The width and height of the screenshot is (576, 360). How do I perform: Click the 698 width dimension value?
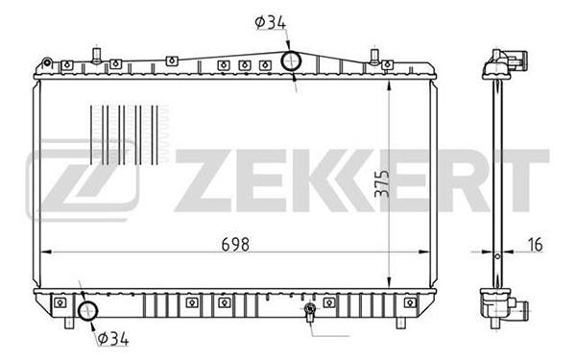tap(235, 244)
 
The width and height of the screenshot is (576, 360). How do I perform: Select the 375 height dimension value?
tap(382, 183)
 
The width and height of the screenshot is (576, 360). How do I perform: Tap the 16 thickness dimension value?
tap(536, 245)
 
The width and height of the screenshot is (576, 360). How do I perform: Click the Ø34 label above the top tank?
tap(271, 23)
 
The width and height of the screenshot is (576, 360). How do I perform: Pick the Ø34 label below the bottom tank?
tap(113, 338)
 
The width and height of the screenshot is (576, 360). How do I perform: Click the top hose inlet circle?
tap(291, 61)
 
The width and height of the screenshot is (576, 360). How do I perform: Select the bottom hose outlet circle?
tap(88, 311)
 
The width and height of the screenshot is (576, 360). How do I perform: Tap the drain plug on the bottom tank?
tap(310, 311)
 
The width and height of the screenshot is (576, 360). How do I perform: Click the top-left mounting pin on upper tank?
tap(97, 56)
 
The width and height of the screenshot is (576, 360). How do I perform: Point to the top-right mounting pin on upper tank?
tap(374, 57)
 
